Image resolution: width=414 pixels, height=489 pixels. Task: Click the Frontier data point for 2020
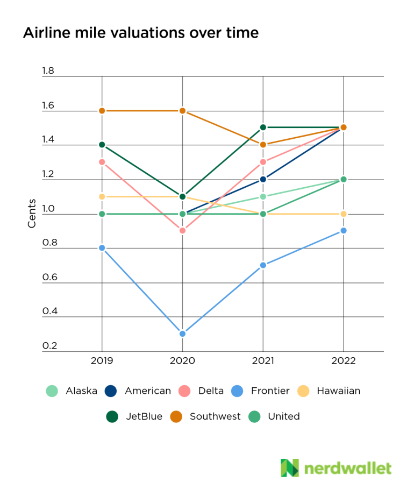click(x=182, y=334)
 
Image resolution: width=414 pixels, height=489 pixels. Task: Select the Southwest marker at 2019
click(x=102, y=111)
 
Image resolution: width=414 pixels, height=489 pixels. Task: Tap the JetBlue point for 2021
click(x=263, y=127)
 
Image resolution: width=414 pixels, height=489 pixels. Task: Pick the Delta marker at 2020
click(x=182, y=231)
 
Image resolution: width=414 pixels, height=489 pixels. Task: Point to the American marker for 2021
click(x=263, y=179)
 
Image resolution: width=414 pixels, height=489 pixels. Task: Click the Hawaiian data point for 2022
click(x=344, y=214)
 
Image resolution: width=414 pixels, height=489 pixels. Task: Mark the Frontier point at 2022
click(x=344, y=231)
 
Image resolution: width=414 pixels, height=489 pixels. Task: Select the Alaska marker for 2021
click(x=263, y=196)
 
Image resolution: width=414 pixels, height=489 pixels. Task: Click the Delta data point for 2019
click(x=102, y=162)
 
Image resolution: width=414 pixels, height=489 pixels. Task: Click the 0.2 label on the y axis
click(x=48, y=346)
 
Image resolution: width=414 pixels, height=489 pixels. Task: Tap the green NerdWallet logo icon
click(x=289, y=467)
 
